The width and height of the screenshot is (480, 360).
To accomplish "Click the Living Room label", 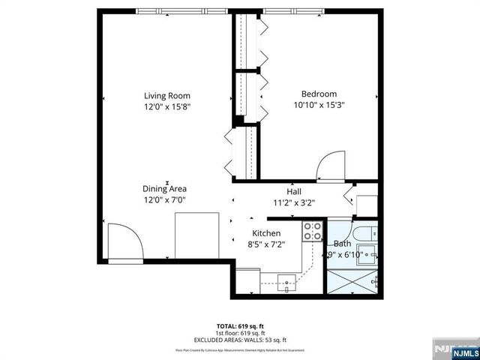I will (167, 95).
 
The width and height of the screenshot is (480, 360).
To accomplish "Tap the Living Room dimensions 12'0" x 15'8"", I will (167, 107).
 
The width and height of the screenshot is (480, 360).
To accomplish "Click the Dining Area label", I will (165, 189).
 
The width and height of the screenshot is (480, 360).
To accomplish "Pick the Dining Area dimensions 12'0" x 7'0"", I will (165, 200).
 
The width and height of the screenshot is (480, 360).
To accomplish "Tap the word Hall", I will (294, 191).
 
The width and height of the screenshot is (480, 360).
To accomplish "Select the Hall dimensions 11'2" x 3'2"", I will (294, 202).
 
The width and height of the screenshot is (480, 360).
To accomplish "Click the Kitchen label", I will (266, 232).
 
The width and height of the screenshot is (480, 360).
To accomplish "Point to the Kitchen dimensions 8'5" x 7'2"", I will (266, 244).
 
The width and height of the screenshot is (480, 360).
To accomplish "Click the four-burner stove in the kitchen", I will (312, 232).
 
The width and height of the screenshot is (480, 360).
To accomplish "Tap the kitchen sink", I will (286, 281).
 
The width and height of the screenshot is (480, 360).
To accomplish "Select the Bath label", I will (342, 244).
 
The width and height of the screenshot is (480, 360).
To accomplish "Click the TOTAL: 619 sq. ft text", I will (240, 326).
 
